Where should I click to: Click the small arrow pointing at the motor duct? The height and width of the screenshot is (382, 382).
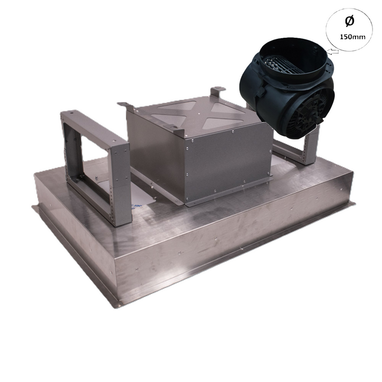(x=333, y=52)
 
